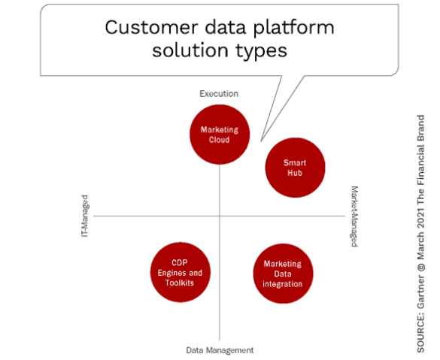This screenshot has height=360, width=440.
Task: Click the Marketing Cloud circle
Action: pyautogui.click(x=220, y=135)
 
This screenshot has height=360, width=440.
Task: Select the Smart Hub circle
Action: pyautogui.click(x=295, y=168)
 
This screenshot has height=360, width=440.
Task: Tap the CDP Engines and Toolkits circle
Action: pyautogui.click(x=181, y=272)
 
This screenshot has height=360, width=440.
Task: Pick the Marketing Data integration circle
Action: pyautogui.click(x=283, y=274)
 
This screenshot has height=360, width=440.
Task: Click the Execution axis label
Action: pyautogui.click(x=219, y=94)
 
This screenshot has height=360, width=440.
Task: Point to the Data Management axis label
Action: pyautogui.click(x=220, y=350)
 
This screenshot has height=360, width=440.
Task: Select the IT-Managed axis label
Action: pyautogui.click(x=85, y=216)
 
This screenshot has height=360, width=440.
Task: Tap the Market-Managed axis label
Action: pyautogui.click(x=354, y=216)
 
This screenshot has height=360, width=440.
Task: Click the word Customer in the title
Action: pyautogui.click(x=151, y=28)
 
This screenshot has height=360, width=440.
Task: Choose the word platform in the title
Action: pyautogui.click(x=294, y=29)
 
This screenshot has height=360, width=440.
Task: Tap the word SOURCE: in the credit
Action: pyautogui.click(x=420, y=333)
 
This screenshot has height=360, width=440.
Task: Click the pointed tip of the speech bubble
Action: pyautogui.click(x=261, y=141)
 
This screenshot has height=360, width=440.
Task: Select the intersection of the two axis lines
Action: pyautogui.click(x=220, y=216)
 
